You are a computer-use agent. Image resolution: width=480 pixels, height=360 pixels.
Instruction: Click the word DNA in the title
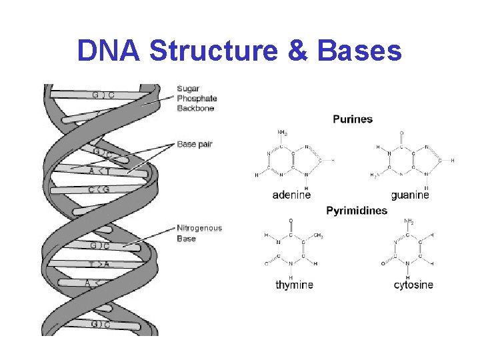coord(109,51)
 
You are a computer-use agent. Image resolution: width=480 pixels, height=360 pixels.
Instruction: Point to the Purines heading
coord(353,119)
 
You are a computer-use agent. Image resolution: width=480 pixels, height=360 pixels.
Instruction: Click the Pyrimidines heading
coord(357,211)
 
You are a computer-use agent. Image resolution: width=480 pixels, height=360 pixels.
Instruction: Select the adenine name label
coord(292,195)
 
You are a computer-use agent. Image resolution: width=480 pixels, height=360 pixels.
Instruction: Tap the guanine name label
coord(410,195)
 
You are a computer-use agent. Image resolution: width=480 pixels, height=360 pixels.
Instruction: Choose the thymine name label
coord(294,285)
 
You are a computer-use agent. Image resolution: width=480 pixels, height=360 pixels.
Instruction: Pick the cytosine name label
coord(413,285)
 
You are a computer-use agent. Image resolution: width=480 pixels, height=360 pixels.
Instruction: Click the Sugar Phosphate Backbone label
coord(197,98)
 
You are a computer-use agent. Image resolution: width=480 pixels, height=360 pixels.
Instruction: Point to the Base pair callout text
coord(195,144)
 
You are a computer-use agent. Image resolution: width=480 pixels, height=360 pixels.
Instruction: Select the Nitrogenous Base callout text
coord(199,233)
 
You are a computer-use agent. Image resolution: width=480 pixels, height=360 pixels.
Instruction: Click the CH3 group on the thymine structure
coord(319,235)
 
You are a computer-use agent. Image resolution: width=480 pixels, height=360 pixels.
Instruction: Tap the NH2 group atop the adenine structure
coord(283,132)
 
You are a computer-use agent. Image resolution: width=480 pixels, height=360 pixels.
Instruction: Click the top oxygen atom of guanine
coord(401,133)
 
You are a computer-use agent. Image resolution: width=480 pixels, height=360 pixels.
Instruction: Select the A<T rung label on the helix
coord(99,171)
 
